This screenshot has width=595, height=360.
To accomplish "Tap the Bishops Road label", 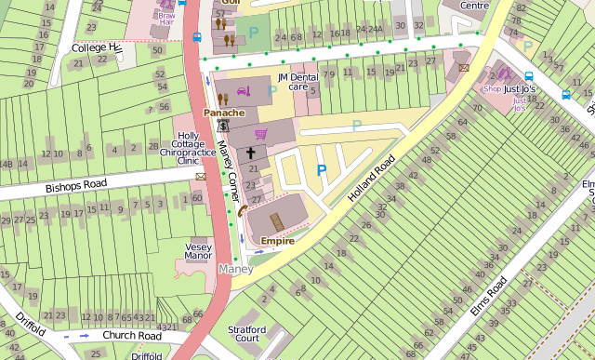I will tap(76, 185).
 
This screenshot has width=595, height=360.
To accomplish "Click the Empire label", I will tap(277, 241).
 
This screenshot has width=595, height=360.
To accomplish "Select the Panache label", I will tap(224, 113).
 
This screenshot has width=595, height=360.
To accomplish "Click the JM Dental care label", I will tap(297, 82).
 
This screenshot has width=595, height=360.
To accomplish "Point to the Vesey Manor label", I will tap(198, 251).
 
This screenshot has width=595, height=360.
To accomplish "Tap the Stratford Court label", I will tap(247, 334).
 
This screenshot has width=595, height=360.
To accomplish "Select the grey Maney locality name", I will tap(234, 269).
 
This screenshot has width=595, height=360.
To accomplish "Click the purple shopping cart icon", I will tap(261, 134).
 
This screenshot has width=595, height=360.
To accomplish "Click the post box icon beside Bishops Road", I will tap(200, 176).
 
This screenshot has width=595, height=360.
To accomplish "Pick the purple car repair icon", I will tap(244, 91).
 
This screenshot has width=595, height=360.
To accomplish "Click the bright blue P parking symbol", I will tap(322, 170).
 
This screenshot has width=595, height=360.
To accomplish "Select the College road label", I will tap(96, 47).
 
